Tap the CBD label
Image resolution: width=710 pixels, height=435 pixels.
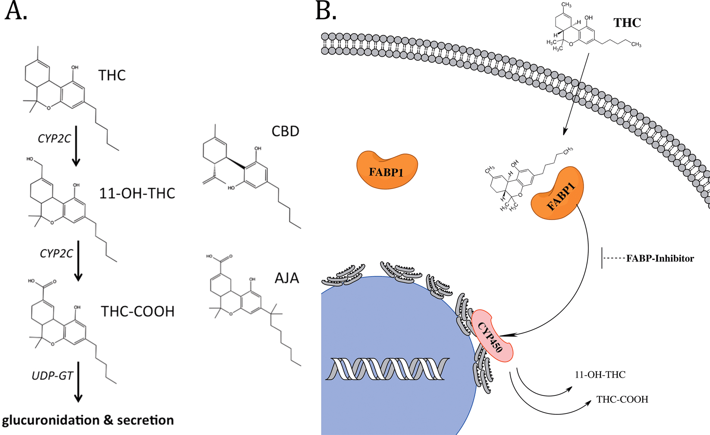285,131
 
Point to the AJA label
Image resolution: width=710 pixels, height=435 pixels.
287,278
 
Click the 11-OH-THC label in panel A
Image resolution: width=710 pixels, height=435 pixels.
137,193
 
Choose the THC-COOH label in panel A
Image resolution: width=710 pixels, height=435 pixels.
138,311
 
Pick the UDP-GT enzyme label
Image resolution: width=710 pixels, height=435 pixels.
53,376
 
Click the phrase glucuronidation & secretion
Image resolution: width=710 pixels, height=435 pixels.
88,420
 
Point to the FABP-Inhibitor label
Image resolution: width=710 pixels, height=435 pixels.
660,258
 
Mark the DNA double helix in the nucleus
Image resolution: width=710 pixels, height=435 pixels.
387,369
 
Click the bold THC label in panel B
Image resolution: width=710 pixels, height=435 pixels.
627,23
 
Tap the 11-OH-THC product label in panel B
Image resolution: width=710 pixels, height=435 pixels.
600,375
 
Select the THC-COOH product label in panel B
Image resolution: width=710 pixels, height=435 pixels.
622,400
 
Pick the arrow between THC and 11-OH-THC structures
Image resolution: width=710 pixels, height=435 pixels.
76,146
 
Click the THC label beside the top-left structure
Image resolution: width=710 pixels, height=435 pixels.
112,75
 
